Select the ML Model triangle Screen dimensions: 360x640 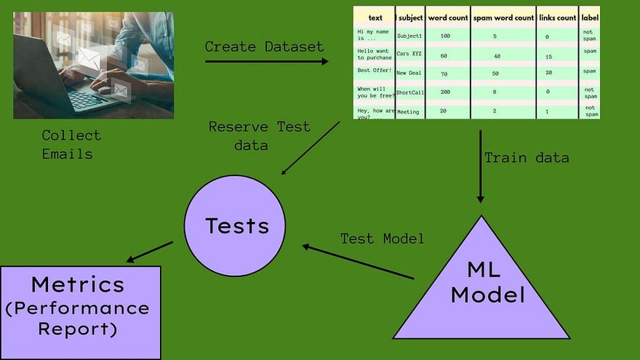point(481,291)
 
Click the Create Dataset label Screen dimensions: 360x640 point(264,47)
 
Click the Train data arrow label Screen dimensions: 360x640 point(527,157)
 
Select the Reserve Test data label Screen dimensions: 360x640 point(259,135)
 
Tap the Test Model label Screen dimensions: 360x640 point(383,239)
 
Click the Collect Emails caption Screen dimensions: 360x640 point(71,144)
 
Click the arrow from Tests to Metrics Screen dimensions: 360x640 point(150,252)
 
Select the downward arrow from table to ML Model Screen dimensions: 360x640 point(480,167)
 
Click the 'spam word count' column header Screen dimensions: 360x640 point(503,17)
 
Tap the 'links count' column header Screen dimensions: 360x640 point(557,17)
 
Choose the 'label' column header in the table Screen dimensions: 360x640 point(590,17)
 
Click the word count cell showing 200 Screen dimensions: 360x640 point(445,92)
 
